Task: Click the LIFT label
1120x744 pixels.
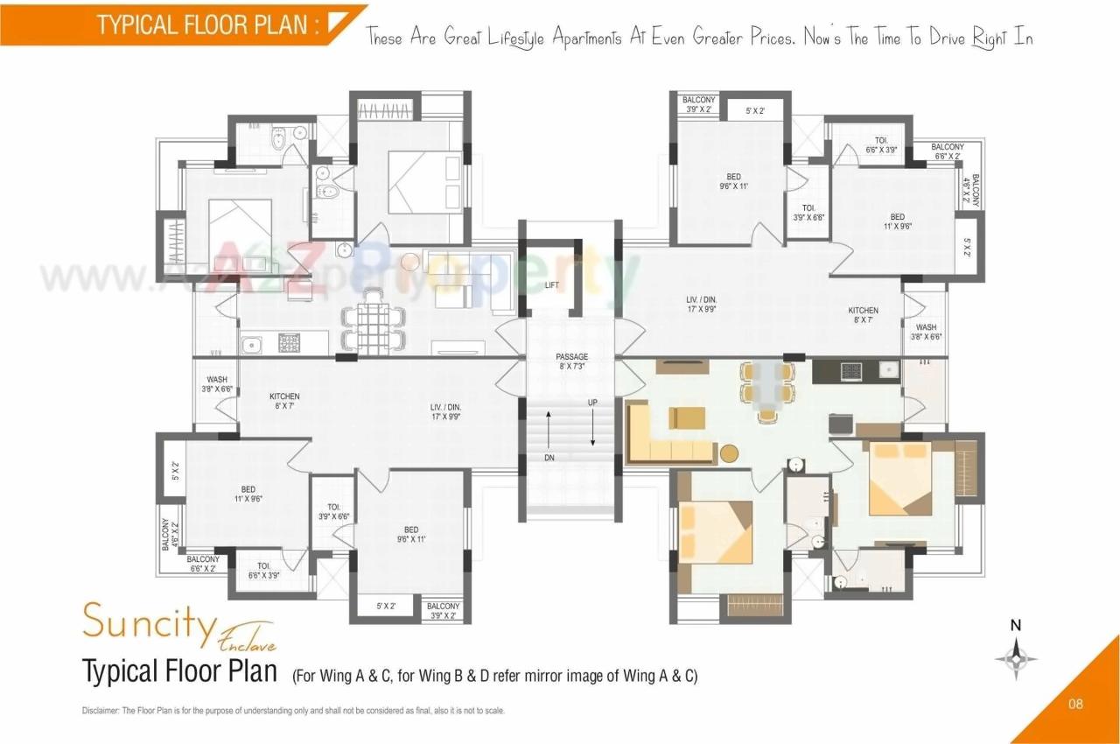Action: (x=551, y=285)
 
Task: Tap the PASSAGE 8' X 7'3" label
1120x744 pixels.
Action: (x=572, y=361)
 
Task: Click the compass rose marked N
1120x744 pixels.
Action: (x=1016, y=657)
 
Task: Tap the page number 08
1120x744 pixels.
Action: (x=1077, y=703)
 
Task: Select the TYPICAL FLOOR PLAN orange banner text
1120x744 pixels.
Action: (x=206, y=25)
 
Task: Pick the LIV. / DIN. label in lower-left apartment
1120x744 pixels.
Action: (x=445, y=411)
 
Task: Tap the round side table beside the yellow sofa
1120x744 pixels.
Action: (x=729, y=453)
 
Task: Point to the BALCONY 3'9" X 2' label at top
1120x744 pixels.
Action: (x=698, y=105)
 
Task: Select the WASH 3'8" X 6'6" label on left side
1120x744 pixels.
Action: (x=216, y=384)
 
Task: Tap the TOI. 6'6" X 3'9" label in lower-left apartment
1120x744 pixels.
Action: (x=263, y=570)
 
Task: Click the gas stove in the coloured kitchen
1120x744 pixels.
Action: (x=850, y=371)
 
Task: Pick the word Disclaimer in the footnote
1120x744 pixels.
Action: (x=99, y=711)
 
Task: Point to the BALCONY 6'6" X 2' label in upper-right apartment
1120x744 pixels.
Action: (x=947, y=151)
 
